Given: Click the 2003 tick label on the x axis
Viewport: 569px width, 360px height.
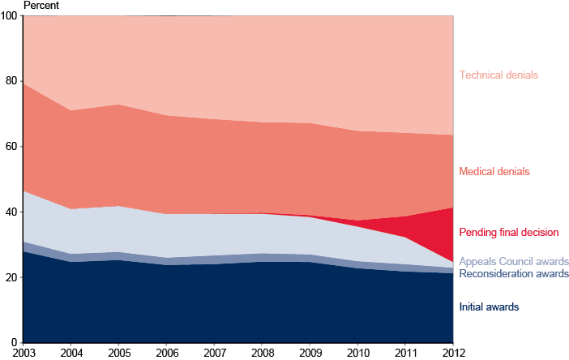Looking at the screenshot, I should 23,353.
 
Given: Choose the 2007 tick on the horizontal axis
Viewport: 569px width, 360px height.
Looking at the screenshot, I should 214,353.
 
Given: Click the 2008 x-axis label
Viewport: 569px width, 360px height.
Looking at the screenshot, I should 262,353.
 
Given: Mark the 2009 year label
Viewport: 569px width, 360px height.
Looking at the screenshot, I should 310,353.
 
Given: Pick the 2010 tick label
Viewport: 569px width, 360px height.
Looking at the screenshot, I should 357,353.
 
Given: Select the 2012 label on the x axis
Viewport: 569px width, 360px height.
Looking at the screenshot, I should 452,353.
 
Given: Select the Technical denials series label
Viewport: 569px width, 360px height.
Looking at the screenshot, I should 498,75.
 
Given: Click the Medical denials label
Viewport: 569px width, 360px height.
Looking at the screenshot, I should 494,172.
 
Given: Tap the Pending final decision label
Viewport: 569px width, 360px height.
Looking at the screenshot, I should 508,233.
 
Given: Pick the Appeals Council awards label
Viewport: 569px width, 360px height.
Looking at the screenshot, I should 513,262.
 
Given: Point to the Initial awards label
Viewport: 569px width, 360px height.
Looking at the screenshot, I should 488,307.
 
